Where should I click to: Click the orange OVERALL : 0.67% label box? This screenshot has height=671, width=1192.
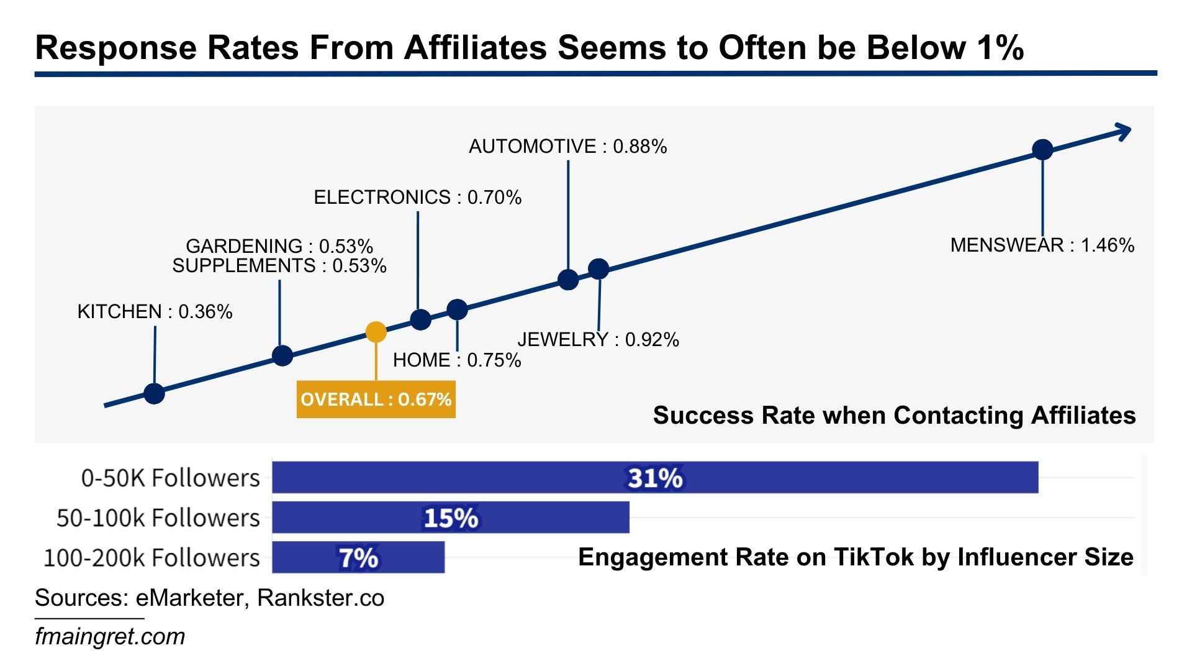[376, 399]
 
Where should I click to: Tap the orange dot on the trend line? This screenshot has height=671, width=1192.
[376, 332]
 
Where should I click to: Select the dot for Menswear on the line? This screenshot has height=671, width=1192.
[1042, 149]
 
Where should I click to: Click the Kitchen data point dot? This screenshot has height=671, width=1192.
[154, 393]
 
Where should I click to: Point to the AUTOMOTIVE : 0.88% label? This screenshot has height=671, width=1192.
[567, 147]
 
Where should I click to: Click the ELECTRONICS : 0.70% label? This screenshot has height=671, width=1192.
[417, 198]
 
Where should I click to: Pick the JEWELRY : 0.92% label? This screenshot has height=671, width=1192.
[598, 340]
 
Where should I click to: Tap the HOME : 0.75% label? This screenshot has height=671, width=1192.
[457, 360]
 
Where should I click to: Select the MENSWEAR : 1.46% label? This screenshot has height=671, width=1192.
[1042, 245]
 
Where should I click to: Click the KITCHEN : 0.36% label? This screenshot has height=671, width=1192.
[155, 312]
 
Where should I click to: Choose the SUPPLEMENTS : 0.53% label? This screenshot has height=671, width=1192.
[279, 266]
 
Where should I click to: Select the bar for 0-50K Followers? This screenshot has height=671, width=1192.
[655, 478]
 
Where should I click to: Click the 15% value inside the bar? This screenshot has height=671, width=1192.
[451, 518]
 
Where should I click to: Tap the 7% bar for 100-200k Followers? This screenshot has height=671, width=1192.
[358, 557]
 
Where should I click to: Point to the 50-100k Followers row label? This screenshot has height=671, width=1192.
[158, 518]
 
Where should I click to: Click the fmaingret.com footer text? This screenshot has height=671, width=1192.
[110, 637]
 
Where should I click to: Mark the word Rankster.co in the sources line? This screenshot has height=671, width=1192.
[320, 598]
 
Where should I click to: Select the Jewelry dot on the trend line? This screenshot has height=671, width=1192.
[598, 269]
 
